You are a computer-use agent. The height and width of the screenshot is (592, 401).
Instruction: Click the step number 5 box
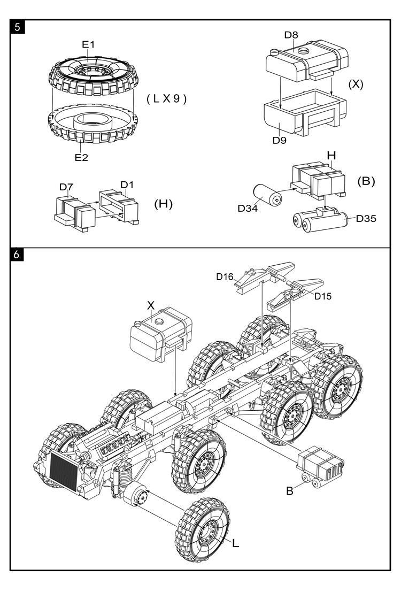coord(18,27)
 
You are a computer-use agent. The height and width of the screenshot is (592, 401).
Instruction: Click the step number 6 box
coord(18,255)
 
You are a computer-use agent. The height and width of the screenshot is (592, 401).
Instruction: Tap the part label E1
coord(88,45)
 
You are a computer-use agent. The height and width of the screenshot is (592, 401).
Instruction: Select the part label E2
coord(81,157)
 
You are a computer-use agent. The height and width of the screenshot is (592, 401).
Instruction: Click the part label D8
coord(291,35)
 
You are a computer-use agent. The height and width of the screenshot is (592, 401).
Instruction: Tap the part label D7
coord(66,187)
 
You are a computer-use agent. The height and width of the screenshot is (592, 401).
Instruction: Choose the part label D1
coord(127,185)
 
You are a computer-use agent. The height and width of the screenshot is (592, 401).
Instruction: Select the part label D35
coord(366,218)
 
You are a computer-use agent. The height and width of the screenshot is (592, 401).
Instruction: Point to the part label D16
coord(225,276)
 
